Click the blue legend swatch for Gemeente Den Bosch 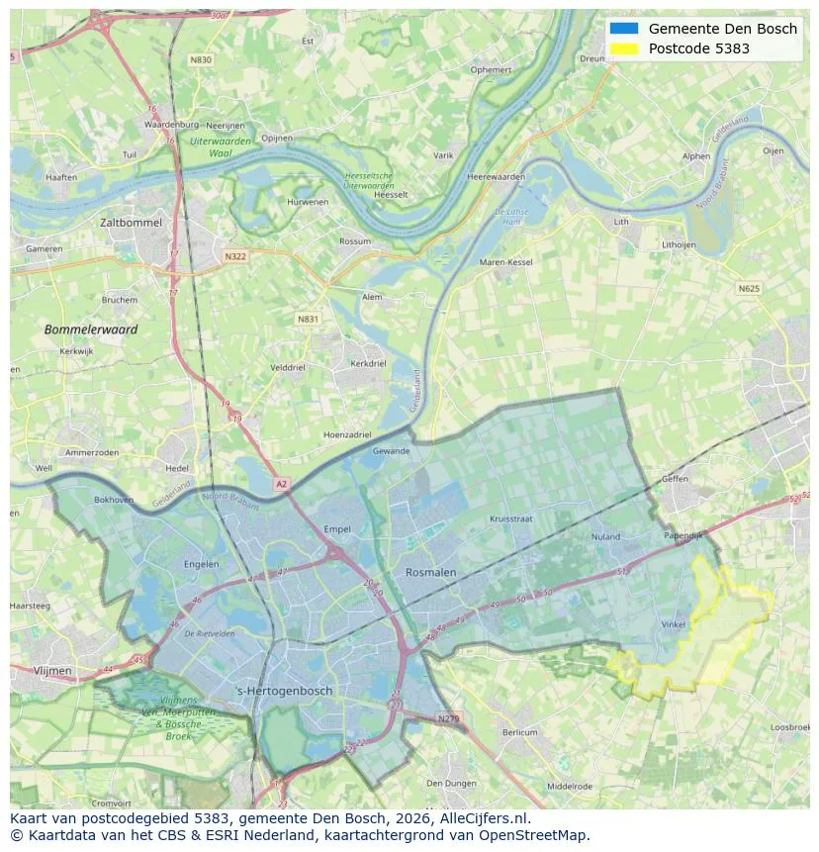coord(624,29)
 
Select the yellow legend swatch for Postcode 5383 coord(624,48)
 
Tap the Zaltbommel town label coord(131,223)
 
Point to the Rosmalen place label coord(430,572)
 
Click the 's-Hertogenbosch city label coord(284,690)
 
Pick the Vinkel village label coord(673,624)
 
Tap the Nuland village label coord(604,537)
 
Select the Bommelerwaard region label coord(91,329)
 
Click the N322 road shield coord(234,256)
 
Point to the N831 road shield coord(308,320)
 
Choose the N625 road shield coord(749,288)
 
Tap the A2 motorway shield coord(281,484)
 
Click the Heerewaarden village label coord(495,176)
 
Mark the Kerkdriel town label coord(368,363)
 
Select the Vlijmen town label coord(52,670)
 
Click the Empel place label coord(337,529)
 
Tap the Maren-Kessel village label coord(505,262)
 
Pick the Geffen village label coord(675,478)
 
